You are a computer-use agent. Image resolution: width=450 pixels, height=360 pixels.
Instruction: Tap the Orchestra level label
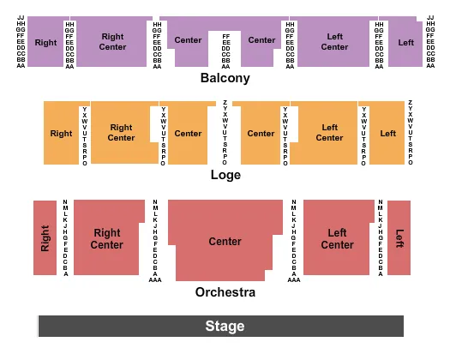[x=225, y=292]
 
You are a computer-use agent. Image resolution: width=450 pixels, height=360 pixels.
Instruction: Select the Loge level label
[x=225, y=175]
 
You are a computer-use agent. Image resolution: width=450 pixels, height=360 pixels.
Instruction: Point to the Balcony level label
[x=225, y=78]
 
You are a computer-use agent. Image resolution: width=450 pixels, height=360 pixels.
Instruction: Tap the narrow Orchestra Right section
[x=45, y=237]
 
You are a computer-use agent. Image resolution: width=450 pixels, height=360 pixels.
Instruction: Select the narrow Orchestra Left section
[x=399, y=237]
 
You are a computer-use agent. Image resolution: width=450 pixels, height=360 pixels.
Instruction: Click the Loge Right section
[x=61, y=133]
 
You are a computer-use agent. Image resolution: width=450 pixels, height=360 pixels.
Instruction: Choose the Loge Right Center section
[x=121, y=133]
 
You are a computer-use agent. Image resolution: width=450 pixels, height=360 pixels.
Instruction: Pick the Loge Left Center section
[x=329, y=133]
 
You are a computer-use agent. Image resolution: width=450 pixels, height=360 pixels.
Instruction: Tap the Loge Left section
[x=387, y=133]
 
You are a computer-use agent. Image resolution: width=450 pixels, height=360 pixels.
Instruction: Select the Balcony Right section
[x=45, y=42]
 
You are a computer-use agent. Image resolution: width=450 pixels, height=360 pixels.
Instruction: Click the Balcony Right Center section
[x=112, y=41]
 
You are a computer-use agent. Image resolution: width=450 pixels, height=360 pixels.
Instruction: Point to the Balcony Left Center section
[x=334, y=41]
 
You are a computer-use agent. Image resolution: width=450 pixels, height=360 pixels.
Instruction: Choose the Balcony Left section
[x=405, y=42]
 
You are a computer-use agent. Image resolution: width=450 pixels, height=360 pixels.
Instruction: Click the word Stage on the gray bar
[x=225, y=327]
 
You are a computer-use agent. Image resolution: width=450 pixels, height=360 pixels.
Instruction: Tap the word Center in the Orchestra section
[x=225, y=242]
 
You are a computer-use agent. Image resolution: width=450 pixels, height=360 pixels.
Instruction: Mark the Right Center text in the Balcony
[x=112, y=41]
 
